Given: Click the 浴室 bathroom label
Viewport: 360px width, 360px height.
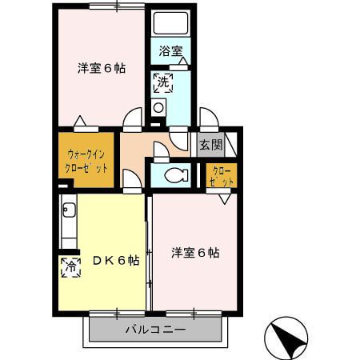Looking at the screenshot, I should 170,52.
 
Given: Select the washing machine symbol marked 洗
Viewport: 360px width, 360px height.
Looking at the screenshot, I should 162,81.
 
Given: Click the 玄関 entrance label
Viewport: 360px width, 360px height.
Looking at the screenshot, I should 211,146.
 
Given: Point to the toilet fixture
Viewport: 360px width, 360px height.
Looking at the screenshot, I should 173,174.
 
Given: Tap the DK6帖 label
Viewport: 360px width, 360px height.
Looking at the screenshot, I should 115,260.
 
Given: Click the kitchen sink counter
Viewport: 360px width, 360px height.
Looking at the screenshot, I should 67,226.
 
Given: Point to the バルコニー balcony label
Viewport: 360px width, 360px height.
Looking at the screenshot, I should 155,330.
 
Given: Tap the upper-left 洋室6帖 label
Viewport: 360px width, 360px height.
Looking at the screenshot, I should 101,68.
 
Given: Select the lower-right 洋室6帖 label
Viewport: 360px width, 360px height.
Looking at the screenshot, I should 195,253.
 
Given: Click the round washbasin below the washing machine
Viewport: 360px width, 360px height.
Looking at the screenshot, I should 158,108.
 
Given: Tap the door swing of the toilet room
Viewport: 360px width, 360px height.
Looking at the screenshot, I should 160,150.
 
